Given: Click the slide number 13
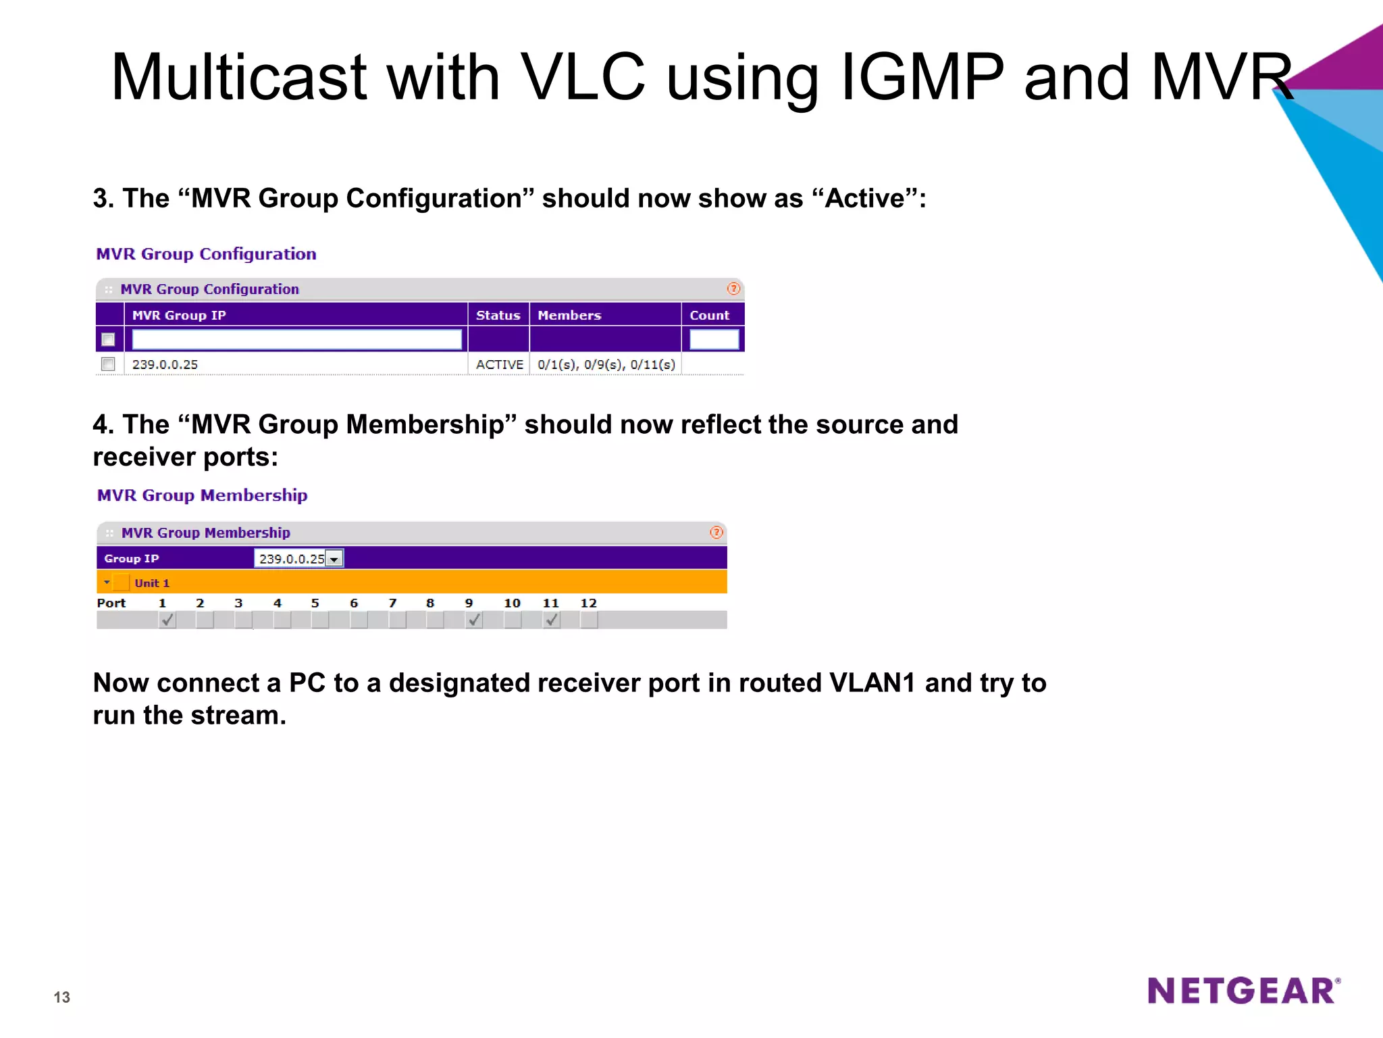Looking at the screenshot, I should (61, 997).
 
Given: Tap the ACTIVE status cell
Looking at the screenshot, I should (499, 364).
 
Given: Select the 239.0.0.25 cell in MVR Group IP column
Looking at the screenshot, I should (165, 364).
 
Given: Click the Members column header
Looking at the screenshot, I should (569, 315).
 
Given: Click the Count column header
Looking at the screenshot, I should (709, 315).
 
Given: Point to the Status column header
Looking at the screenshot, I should (498, 315).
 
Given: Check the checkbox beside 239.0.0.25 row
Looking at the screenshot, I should (108, 364).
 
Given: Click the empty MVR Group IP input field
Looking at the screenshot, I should (296, 339).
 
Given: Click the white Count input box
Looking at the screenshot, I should (713, 339).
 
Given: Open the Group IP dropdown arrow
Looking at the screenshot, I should (334, 559).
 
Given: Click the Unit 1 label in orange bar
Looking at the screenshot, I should (152, 583).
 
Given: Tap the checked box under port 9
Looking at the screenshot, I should (474, 619).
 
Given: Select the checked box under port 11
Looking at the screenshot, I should (552, 619).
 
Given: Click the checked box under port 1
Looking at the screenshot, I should (167, 619).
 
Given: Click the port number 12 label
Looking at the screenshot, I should (588, 603).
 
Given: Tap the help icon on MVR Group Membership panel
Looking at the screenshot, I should (716, 533).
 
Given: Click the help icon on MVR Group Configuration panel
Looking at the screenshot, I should (733, 289).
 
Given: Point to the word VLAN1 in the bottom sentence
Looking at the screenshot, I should (872, 683).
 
